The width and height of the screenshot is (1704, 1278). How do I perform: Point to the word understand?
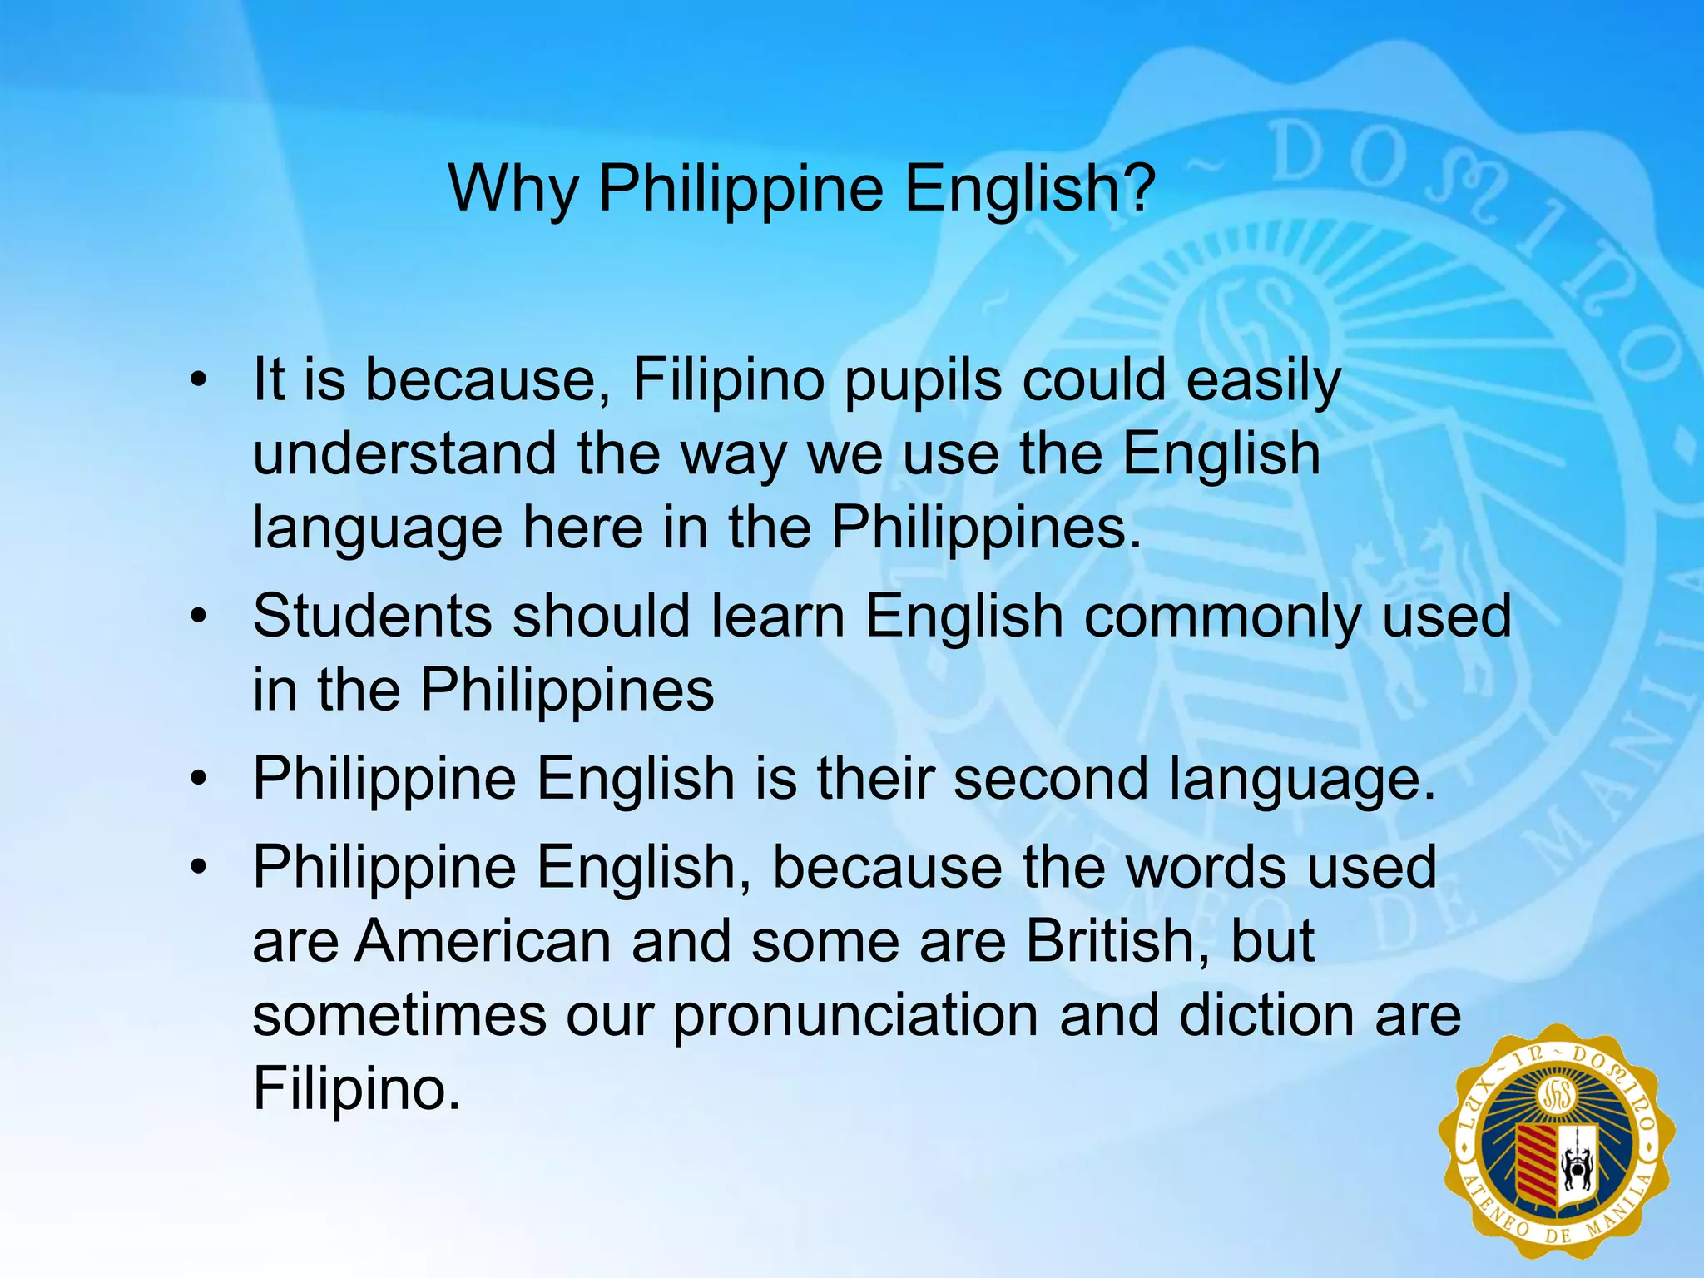(404, 454)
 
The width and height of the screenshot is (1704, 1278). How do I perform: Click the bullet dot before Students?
(197, 618)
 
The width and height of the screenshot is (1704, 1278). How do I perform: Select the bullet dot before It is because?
(197, 382)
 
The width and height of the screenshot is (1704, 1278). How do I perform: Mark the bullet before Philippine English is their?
(197, 780)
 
